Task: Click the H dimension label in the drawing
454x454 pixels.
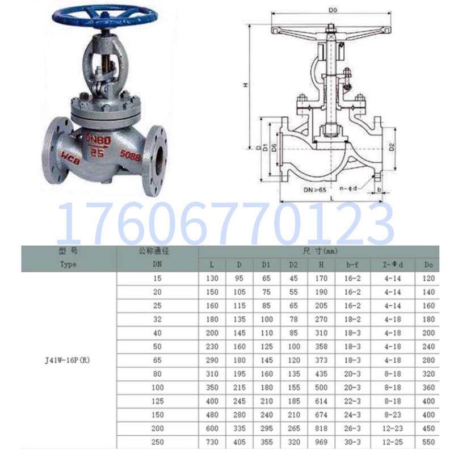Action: click(x=246, y=85)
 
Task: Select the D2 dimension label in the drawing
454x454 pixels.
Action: click(x=392, y=147)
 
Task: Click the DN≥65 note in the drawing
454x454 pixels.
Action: click(x=315, y=189)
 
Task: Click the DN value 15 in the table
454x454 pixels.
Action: click(x=158, y=278)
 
